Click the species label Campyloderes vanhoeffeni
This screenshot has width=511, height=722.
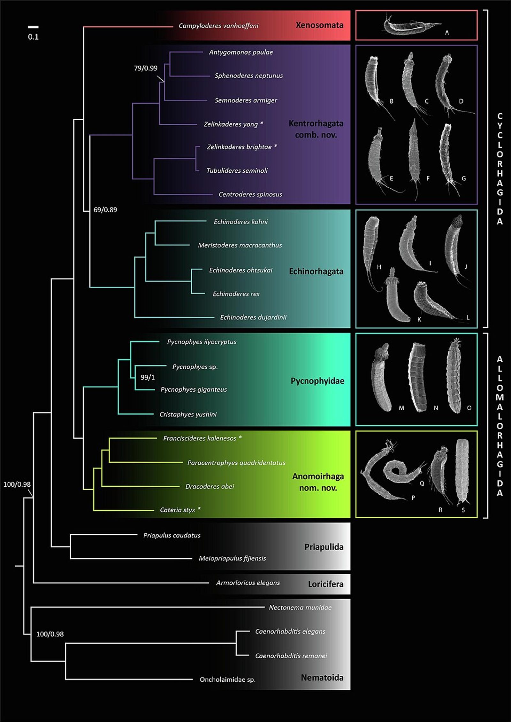pos(218,26)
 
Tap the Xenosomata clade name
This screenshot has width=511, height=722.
pos(319,25)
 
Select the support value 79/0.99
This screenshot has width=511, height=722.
pos(146,68)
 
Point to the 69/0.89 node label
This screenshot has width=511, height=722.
pos(105,210)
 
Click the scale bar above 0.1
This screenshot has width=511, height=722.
pos(33,27)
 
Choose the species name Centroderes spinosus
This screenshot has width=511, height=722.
pos(250,194)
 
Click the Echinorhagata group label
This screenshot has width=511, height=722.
pos(316,271)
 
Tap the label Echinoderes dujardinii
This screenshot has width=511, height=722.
pos(253,318)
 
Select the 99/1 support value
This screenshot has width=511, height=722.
pos(148,377)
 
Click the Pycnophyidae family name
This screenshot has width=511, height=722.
pos(317,381)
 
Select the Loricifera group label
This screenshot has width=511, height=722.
pos(326,584)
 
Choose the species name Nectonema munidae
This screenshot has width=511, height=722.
pos(300,608)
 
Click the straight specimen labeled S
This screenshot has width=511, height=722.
pos(461,471)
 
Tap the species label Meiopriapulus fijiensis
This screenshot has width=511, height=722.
pos(232,559)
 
